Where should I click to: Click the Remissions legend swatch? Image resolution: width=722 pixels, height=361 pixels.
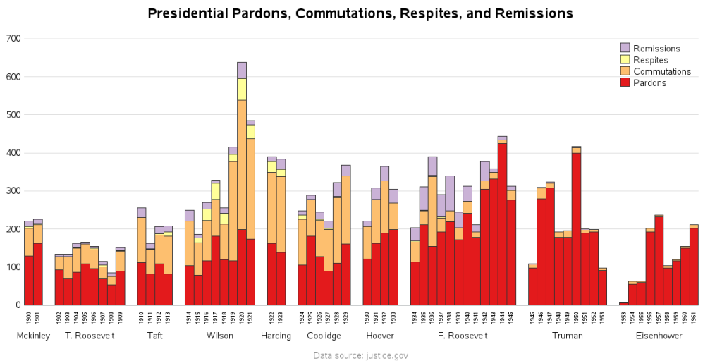tap(625, 48)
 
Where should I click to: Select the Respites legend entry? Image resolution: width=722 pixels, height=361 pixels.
tap(650, 60)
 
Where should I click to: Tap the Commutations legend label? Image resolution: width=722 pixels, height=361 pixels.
tap(661, 71)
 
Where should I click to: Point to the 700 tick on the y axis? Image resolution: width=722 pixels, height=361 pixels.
tap(13, 38)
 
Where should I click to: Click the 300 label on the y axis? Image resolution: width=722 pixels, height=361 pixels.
tap(13, 191)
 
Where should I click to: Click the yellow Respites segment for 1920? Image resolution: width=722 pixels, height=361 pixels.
tap(242, 89)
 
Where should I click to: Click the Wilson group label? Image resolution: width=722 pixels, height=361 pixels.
tap(220, 336)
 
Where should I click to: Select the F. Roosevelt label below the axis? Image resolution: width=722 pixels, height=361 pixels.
tap(463, 336)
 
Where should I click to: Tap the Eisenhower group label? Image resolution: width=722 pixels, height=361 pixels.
tap(659, 336)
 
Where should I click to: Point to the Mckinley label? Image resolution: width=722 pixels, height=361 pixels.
tap(33, 336)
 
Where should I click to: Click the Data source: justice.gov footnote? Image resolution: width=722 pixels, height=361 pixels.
tap(360, 355)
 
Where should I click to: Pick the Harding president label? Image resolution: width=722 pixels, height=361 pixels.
tap(276, 336)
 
